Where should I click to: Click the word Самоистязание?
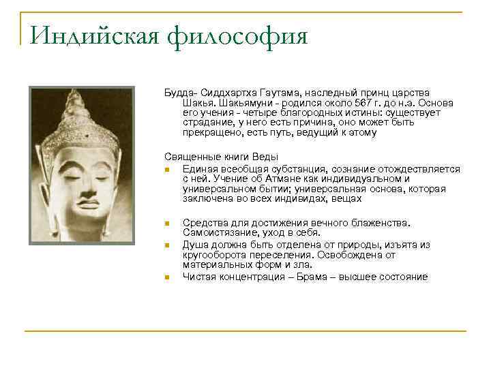coord(218,232)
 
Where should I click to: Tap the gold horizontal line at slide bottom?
coord(245,331)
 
